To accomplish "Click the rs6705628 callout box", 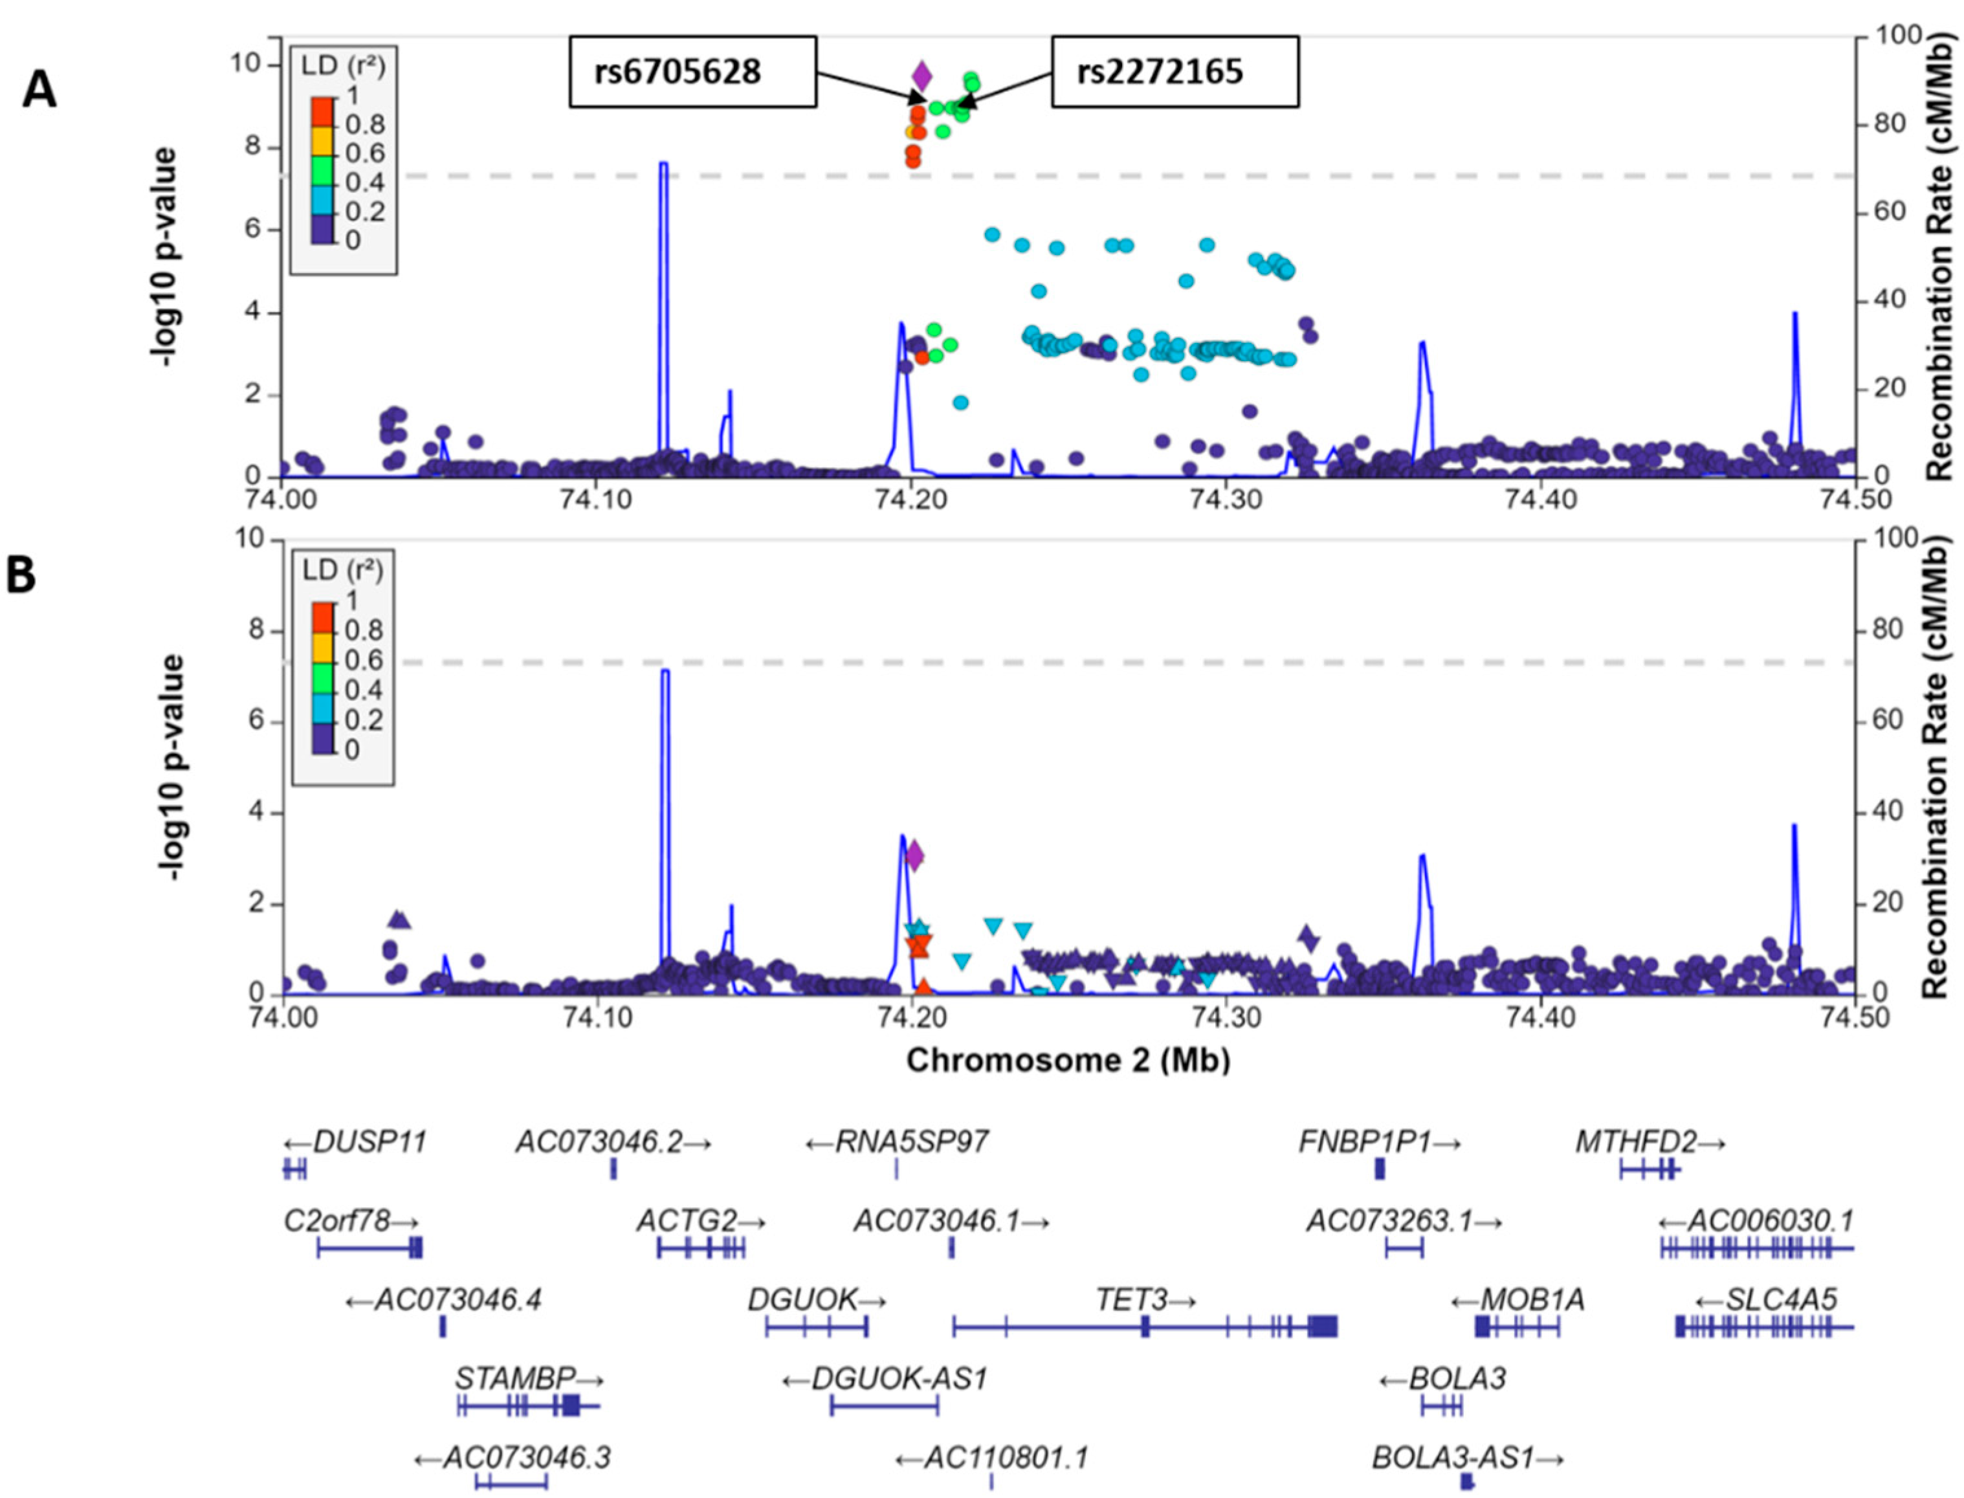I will point(692,71).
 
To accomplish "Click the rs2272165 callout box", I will point(1174,71).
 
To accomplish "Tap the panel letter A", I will point(39,90).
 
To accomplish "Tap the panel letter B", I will point(21,576).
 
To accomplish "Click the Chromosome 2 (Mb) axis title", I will point(1068,1060).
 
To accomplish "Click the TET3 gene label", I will point(1145,1300).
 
